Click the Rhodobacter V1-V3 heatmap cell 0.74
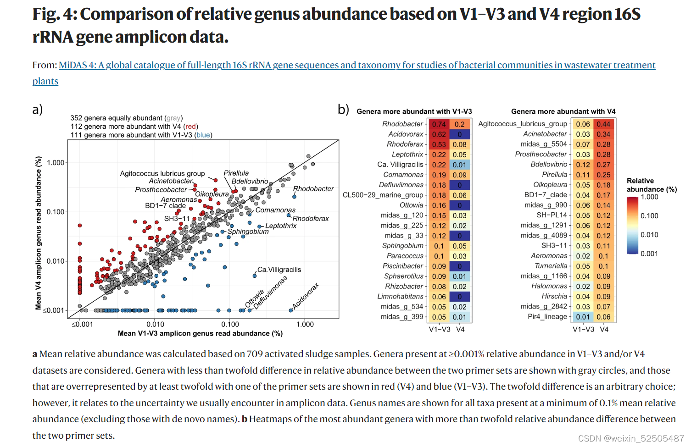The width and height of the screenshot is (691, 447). tap(439, 124)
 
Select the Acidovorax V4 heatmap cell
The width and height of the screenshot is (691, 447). tap(459, 134)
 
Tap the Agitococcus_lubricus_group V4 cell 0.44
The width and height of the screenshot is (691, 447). tap(603, 124)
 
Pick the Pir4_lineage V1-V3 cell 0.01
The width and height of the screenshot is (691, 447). tap(583, 317)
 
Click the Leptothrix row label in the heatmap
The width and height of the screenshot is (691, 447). tap(407, 155)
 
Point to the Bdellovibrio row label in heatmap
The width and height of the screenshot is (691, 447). tap(549, 165)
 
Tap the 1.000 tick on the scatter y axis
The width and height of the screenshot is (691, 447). tap(56, 163)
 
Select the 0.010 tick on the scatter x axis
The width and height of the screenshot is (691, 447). tap(155, 324)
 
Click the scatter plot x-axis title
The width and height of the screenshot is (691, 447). tap(200, 333)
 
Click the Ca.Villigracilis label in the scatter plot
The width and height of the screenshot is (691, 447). tap(279, 270)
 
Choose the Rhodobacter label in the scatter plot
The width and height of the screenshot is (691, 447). tap(313, 189)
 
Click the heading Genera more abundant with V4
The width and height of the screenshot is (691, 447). tap(563, 111)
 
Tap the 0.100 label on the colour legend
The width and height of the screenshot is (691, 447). tap(649, 216)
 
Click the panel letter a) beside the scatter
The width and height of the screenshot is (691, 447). tap(38, 110)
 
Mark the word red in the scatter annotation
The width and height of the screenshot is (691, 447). tap(190, 127)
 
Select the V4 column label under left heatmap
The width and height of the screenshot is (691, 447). tap(460, 329)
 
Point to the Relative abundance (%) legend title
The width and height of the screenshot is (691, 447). tap(652, 185)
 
